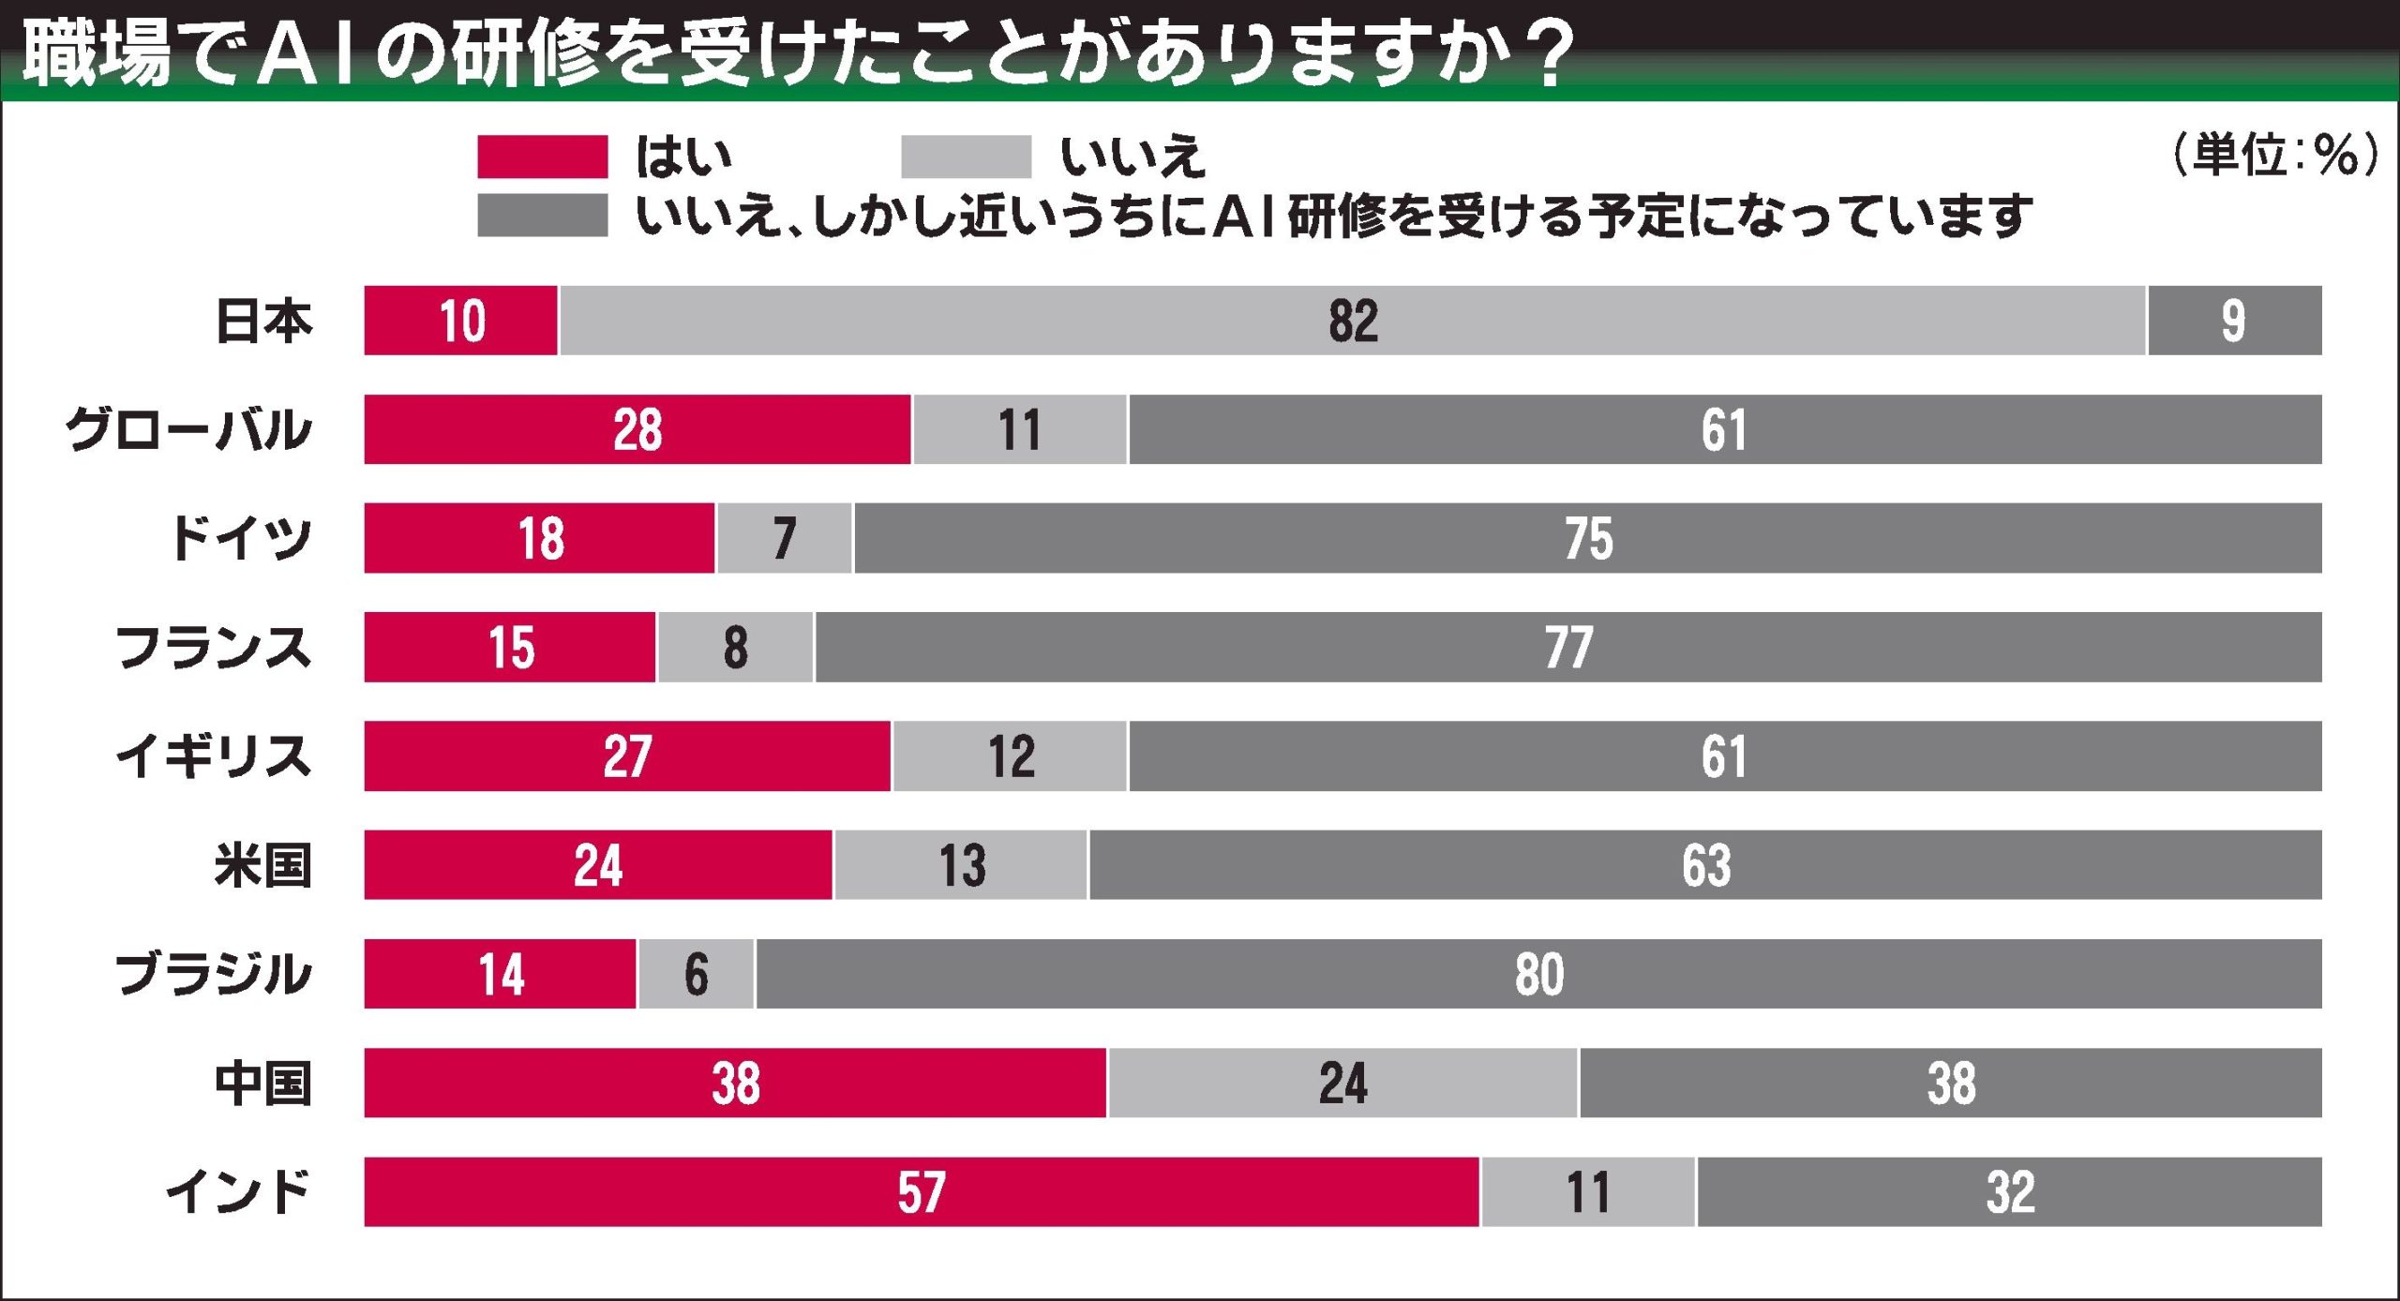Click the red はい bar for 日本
point(460,321)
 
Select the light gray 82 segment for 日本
point(1352,321)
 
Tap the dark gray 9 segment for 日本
point(2234,321)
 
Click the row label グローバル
point(187,430)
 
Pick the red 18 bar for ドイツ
point(539,538)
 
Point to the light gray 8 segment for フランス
point(735,647)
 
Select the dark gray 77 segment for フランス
point(1567,647)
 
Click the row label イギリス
point(213,756)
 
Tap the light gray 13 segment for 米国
point(961,865)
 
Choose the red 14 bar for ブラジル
point(500,974)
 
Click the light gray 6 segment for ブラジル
point(696,974)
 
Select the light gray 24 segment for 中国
point(1342,1083)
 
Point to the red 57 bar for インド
point(921,1191)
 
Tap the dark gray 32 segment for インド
point(2009,1191)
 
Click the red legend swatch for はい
point(542,157)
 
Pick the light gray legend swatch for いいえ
point(966,157)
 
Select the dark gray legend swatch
point(542,216)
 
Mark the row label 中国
point(262,1083)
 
